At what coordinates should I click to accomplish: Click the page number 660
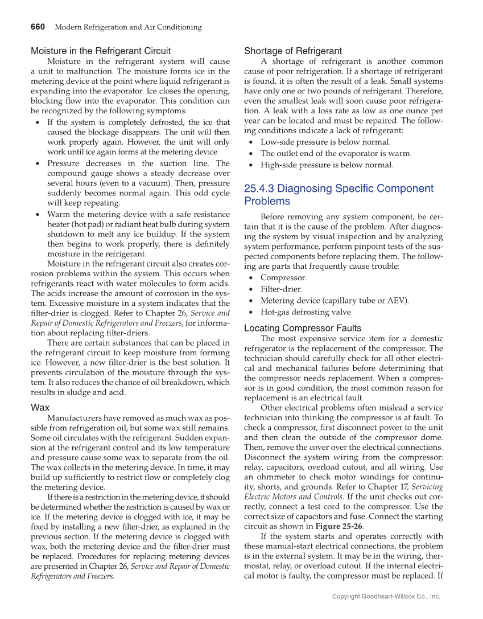(x=38, y=27)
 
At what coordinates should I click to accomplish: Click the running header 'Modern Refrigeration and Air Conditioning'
(x=128, y=27)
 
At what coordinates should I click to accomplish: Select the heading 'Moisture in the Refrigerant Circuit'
(x=101, y=51)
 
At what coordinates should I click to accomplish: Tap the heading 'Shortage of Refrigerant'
(x=293, y=51)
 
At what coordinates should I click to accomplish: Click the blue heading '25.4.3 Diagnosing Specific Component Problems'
(x=338, y=195)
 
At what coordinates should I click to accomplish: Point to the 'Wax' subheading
(x=40, y=408)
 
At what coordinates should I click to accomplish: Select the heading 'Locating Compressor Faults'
(x=302, y=328)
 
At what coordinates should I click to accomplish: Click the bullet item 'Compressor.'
(x=283, y=278)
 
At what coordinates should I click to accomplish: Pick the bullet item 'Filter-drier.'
(x=281, y=289)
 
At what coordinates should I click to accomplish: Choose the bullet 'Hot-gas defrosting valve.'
(x=306, y=312)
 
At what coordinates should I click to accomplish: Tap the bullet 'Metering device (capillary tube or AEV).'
(x=335, y=301)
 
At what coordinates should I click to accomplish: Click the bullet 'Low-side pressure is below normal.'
(x=325, y=142)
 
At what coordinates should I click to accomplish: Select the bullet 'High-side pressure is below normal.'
(x=327, y=165)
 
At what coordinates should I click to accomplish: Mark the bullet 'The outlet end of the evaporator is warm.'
(x=336, y=153)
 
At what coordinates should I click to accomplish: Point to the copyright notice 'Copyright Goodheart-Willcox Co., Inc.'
(x=386, y=596)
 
